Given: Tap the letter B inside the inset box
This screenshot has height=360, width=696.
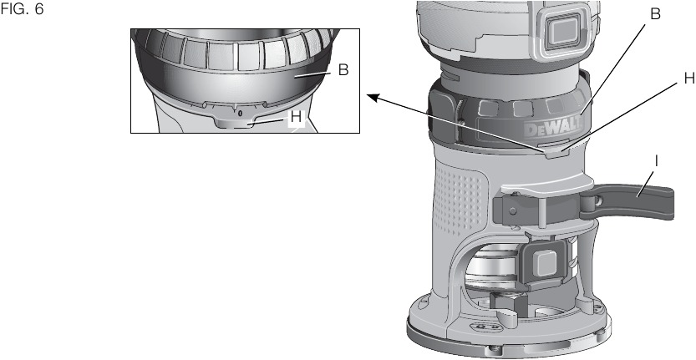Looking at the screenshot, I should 343,71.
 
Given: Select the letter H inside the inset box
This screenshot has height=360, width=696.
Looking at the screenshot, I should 296,119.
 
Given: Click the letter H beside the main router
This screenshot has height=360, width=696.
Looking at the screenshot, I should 688,78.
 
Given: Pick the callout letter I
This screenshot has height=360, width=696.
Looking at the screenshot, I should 656,158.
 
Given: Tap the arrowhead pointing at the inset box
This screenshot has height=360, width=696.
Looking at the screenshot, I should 373,97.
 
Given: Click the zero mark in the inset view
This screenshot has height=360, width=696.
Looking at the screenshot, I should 240,112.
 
